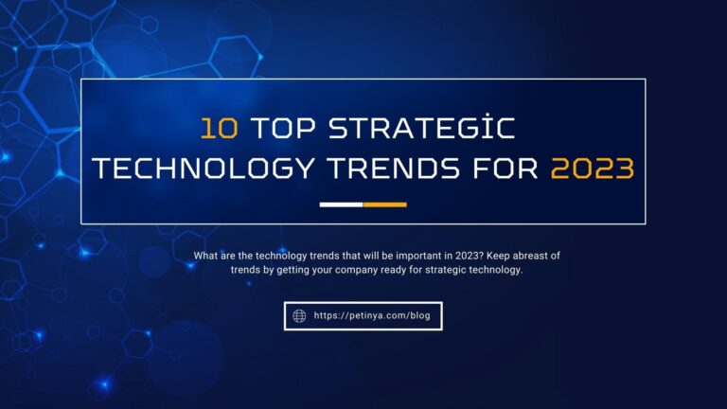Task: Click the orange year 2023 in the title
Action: (x=592, y=169)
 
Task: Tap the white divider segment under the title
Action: (x=341, y=204)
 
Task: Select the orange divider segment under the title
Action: (x=384, y=204)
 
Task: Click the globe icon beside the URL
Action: (x=299, y=315)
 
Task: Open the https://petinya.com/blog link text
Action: (x=371, y=315)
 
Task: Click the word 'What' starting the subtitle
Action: (x=206, y=256)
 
